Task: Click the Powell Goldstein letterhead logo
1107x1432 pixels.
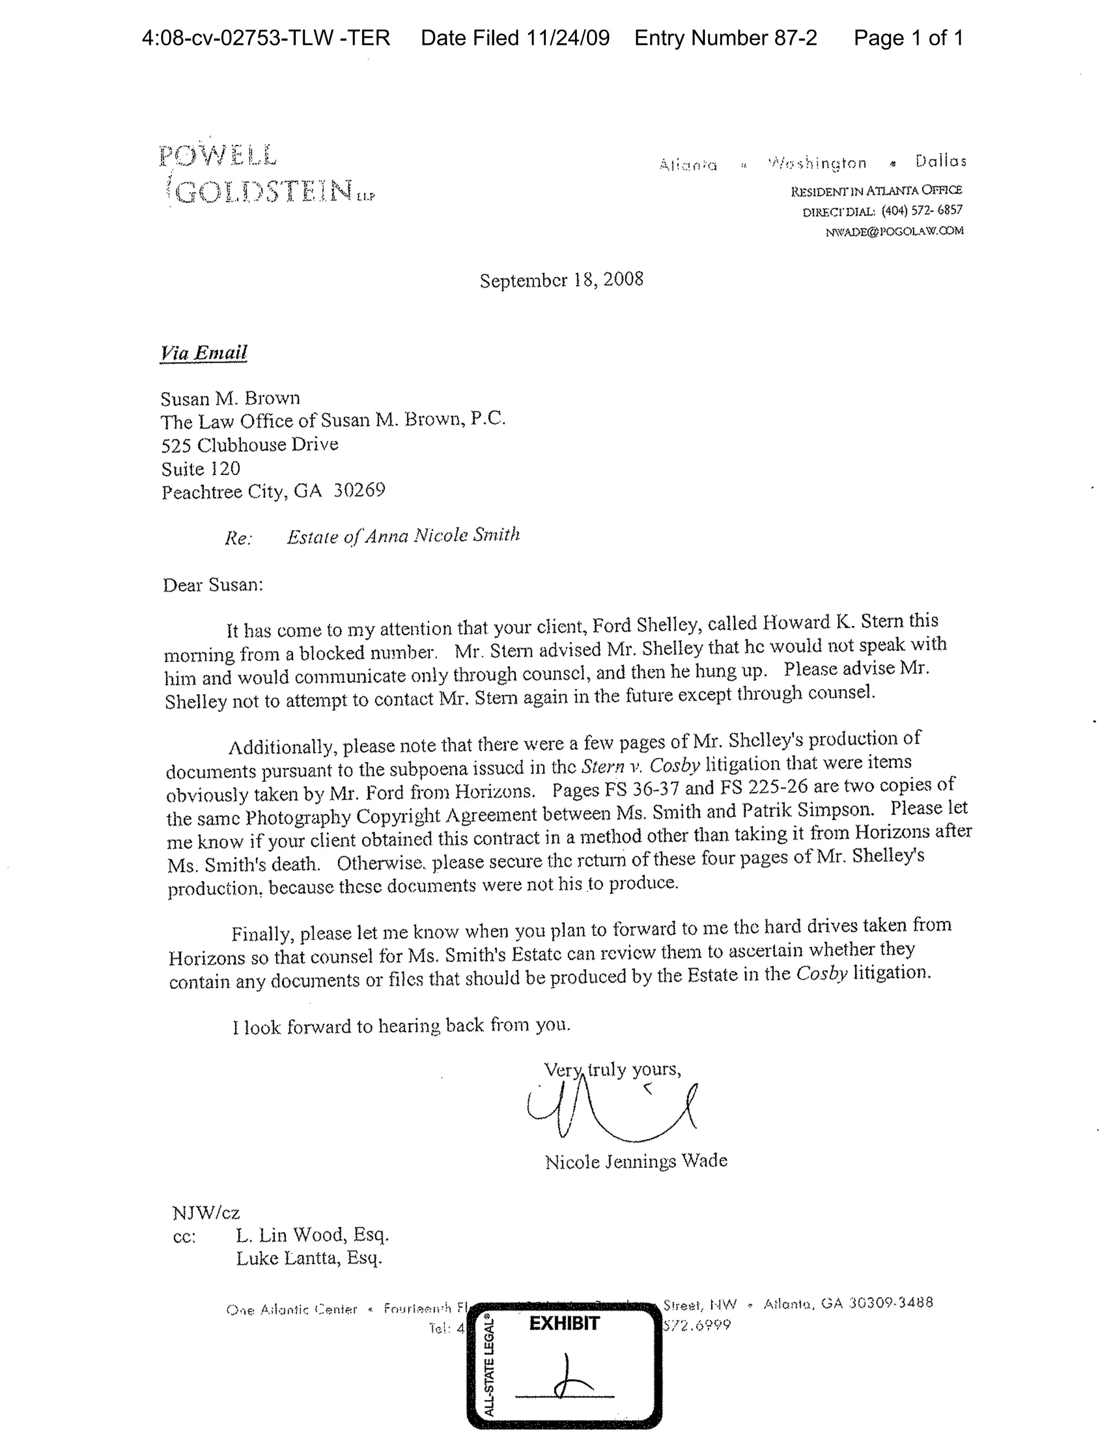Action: pos(265,175)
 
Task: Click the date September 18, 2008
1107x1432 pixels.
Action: pos(562,280)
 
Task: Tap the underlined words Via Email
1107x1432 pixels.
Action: pos(204,353)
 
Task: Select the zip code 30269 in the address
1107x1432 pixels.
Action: pos(359,491)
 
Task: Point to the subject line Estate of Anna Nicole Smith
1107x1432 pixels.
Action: pos(403,536)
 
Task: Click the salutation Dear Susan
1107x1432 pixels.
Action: pos(212,585)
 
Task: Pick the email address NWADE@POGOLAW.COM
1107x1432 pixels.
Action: pos(895,231)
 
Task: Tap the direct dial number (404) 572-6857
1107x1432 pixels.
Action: pos(922,210)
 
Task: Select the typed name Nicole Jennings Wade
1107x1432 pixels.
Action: pos(636,1161)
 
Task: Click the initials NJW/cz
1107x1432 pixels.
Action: pos(206,1213)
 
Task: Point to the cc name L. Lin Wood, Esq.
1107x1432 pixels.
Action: pos(312,1235)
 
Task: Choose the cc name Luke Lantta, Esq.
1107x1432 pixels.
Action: pos(309,1258)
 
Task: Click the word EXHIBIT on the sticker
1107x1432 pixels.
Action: pos(564,1324)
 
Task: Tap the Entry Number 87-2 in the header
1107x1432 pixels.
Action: pos(725,38)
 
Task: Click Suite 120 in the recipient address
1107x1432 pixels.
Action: pos(201,468)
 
